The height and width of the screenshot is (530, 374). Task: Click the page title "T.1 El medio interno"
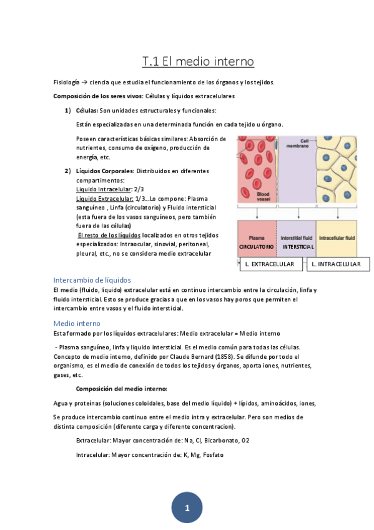pos(198,61)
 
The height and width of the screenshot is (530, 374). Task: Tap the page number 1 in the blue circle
pos(187,508)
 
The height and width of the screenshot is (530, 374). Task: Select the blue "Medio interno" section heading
pos(77,323)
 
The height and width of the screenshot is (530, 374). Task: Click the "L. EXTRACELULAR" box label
pos(270,265)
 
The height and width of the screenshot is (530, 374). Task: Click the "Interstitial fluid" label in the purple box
pos(296,237)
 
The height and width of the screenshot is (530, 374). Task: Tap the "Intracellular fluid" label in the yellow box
pos(337,237)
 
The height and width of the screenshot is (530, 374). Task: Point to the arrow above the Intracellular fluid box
pos(337,214)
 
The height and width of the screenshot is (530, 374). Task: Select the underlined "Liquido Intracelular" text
pos(99,189)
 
